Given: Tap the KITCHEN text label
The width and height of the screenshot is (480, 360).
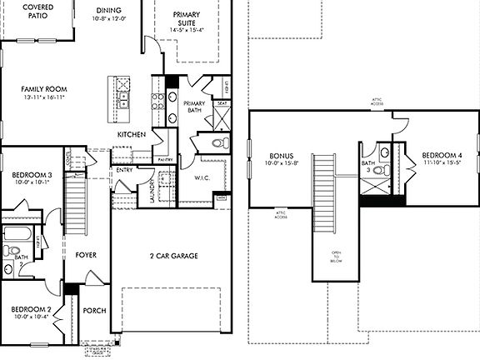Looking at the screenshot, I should [x=132, y=134].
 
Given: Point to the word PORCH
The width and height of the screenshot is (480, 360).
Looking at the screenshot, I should [x=95, y=311].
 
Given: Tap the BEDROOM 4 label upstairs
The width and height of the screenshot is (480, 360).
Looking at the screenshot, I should [x=440, y=156].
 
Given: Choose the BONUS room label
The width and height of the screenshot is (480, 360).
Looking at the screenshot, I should [x=281, y=156].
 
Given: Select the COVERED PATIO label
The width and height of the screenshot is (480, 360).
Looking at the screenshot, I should [x=32, y=11].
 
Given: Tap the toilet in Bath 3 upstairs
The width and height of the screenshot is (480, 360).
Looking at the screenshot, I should [x=380, y=171].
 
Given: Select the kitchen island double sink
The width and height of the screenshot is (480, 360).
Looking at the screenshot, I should [x=123, y=95].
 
